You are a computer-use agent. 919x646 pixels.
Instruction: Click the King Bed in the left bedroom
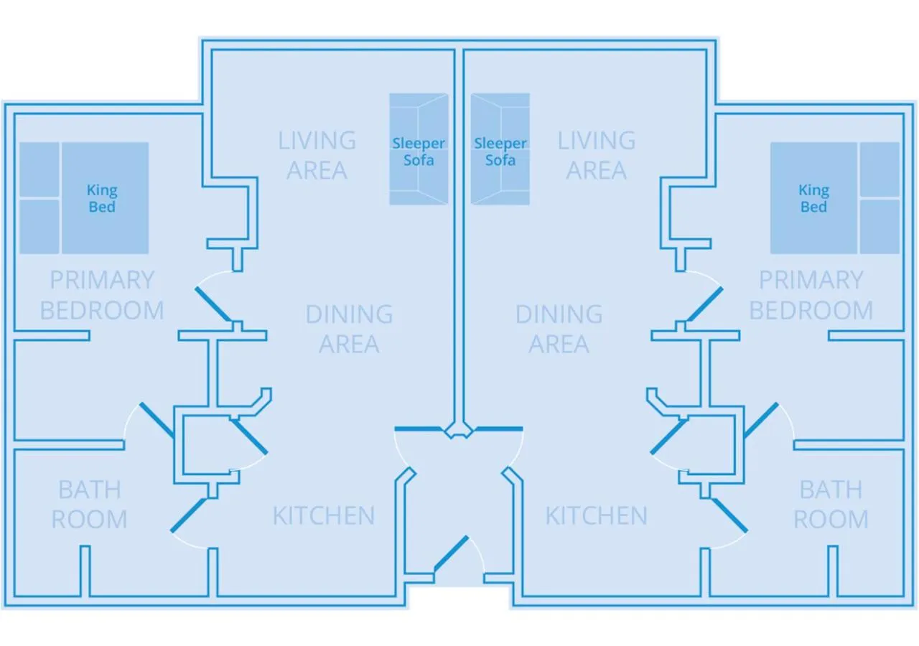click(105, 198)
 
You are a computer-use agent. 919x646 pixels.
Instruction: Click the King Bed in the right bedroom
click(813, 198)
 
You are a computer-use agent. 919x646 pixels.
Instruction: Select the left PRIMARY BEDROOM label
click(102, 295)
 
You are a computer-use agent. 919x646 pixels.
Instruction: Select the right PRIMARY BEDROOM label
click(811, 295)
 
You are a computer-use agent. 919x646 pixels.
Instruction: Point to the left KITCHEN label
click(324, 515)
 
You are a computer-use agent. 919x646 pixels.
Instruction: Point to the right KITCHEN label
click(596, 515)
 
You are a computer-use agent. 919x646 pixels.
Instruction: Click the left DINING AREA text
click(349, 329)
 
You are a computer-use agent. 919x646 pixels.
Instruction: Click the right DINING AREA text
click(559, 329)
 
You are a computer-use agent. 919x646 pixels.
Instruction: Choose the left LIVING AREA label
click(317, 155)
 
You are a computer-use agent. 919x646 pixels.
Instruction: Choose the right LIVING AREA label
click(596, 155)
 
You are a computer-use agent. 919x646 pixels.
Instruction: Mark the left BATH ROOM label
click(90, 504)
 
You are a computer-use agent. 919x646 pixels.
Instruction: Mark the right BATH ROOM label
click(831, 504)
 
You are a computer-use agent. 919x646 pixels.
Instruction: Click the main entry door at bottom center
click(451, 558)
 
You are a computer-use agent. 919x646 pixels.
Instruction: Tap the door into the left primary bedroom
click(213, 304)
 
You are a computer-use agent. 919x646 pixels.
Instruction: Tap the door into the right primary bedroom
click(704, 304)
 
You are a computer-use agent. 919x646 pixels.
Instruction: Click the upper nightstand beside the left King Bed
click(39, 169)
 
